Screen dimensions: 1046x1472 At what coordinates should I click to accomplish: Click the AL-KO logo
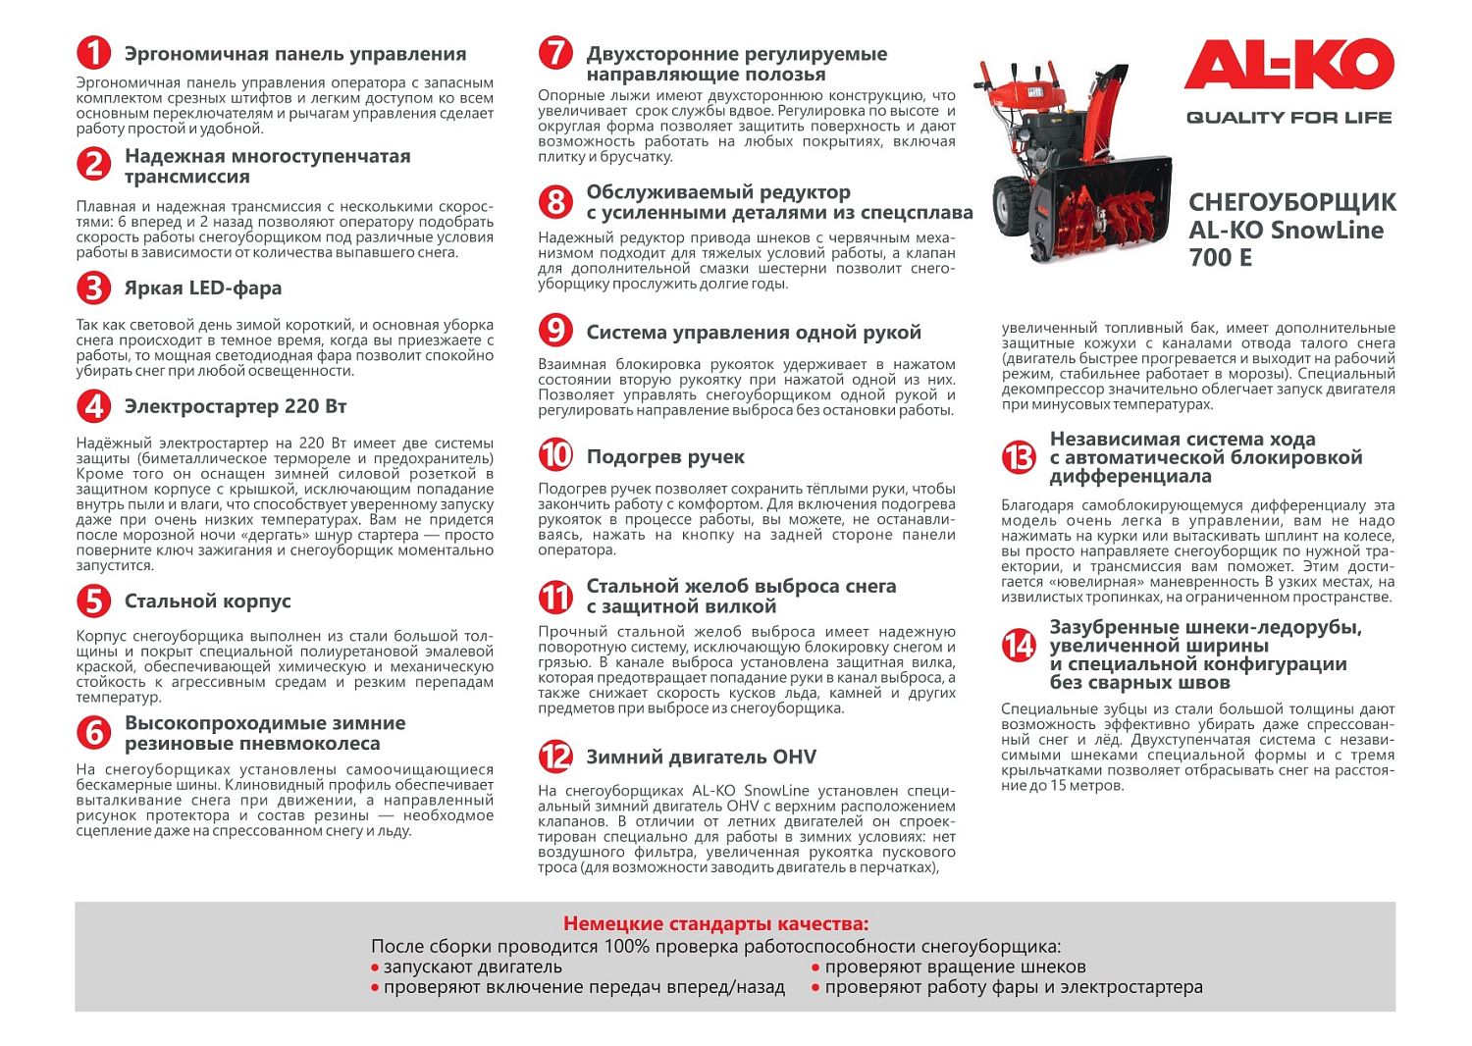[1288, 66]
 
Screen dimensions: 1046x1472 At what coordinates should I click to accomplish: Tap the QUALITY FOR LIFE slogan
[1288, 118]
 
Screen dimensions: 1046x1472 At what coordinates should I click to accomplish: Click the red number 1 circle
[93, 53]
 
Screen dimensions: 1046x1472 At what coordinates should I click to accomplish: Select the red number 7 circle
[555, 53]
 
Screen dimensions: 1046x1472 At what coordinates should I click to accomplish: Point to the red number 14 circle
[1019, 645]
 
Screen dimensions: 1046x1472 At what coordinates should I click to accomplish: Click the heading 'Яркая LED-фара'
[202, 288]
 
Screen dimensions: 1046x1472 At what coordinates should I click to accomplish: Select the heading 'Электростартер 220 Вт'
[235, 406]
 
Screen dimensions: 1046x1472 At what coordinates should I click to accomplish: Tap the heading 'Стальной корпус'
[207, 601]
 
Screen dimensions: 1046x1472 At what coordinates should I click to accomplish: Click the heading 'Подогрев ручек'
[665, 456]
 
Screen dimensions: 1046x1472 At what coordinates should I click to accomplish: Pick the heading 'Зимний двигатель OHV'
[701, 757]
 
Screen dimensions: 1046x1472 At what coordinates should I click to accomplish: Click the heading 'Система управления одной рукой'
[753, 332]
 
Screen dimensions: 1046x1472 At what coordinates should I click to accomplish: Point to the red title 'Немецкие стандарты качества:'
[715, 923]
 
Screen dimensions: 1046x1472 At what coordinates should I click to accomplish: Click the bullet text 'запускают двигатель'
[472, 967]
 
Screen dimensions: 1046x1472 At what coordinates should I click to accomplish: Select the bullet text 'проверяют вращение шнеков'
[955, 967]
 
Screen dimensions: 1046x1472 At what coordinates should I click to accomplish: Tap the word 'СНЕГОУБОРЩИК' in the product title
[1291, 203]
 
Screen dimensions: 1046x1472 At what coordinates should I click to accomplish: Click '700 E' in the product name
[1220, 258]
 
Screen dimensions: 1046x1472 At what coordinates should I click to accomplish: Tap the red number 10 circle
[555, 455]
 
